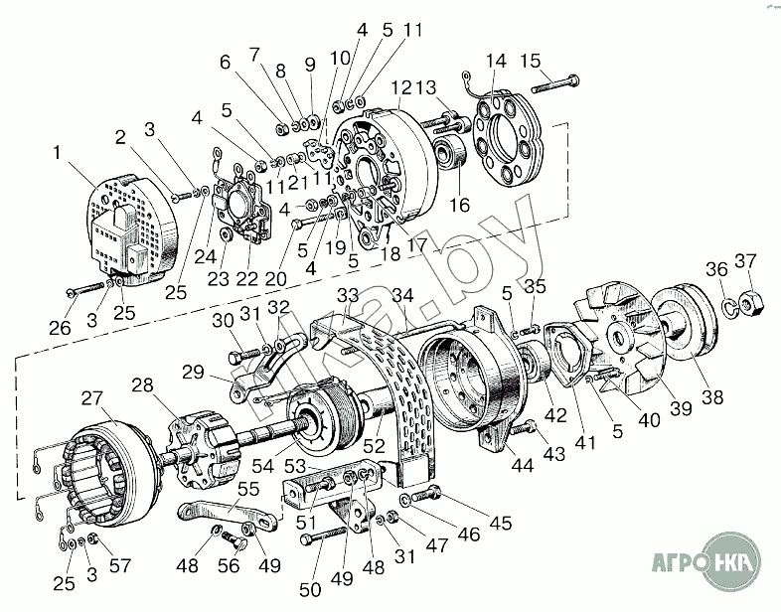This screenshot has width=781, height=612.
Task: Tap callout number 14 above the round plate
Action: pos(489,63)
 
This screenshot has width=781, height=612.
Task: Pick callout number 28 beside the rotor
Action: pos(142,383)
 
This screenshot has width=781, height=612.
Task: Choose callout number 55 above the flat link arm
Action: pos(246,489)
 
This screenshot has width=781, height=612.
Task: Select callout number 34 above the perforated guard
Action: pos(401,295)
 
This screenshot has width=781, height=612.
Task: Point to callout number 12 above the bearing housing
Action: pos(399,88)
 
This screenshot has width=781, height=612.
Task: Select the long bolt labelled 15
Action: pos(561,80)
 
